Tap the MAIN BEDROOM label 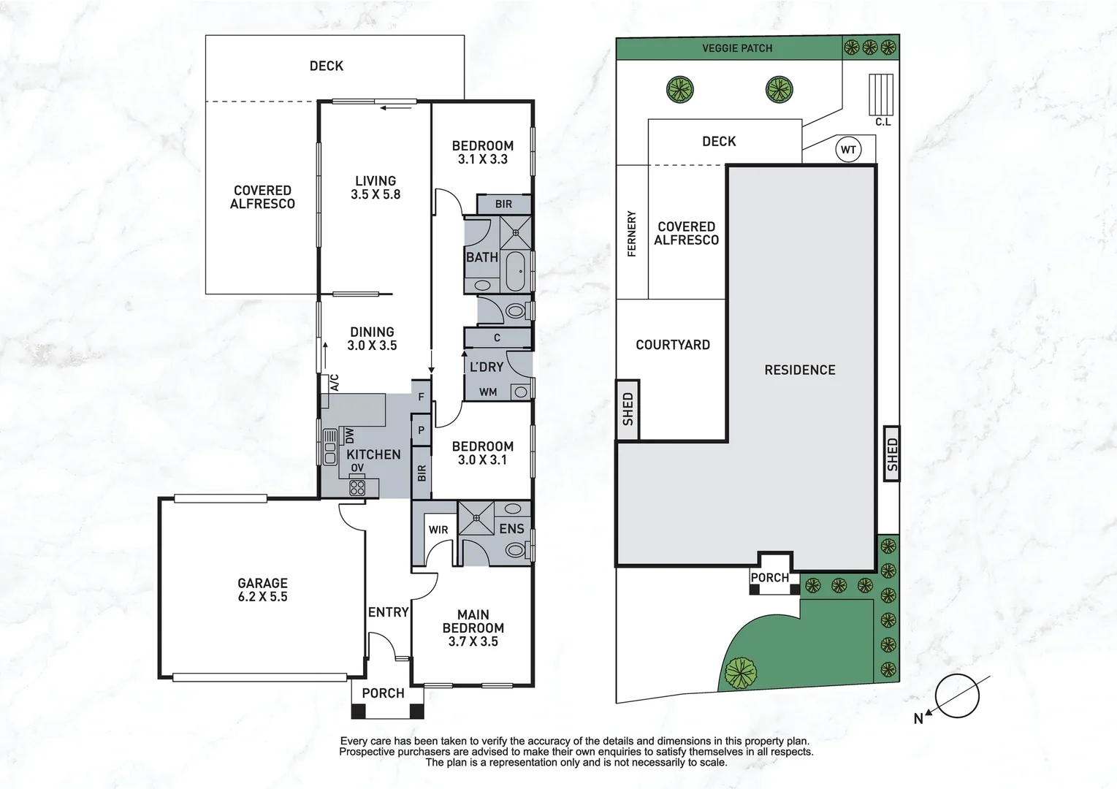(473, 628)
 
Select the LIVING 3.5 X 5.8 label (375, 188)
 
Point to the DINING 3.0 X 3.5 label (372, 339)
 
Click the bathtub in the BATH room (516, 271)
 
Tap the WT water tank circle (848, 150)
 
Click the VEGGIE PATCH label (737, 48)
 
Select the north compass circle (957, 695)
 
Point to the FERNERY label (632, 233)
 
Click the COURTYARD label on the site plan (673, 345)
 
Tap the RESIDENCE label (800, 370)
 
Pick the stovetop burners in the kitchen (357, 487)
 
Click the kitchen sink (329, 447)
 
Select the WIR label (438, 530)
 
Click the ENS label (511, 529)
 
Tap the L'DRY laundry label (487, 367)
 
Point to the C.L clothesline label (883, 122)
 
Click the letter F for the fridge (422, 397)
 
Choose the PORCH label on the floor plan (383, 693)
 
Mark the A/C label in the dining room (335, 383)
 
